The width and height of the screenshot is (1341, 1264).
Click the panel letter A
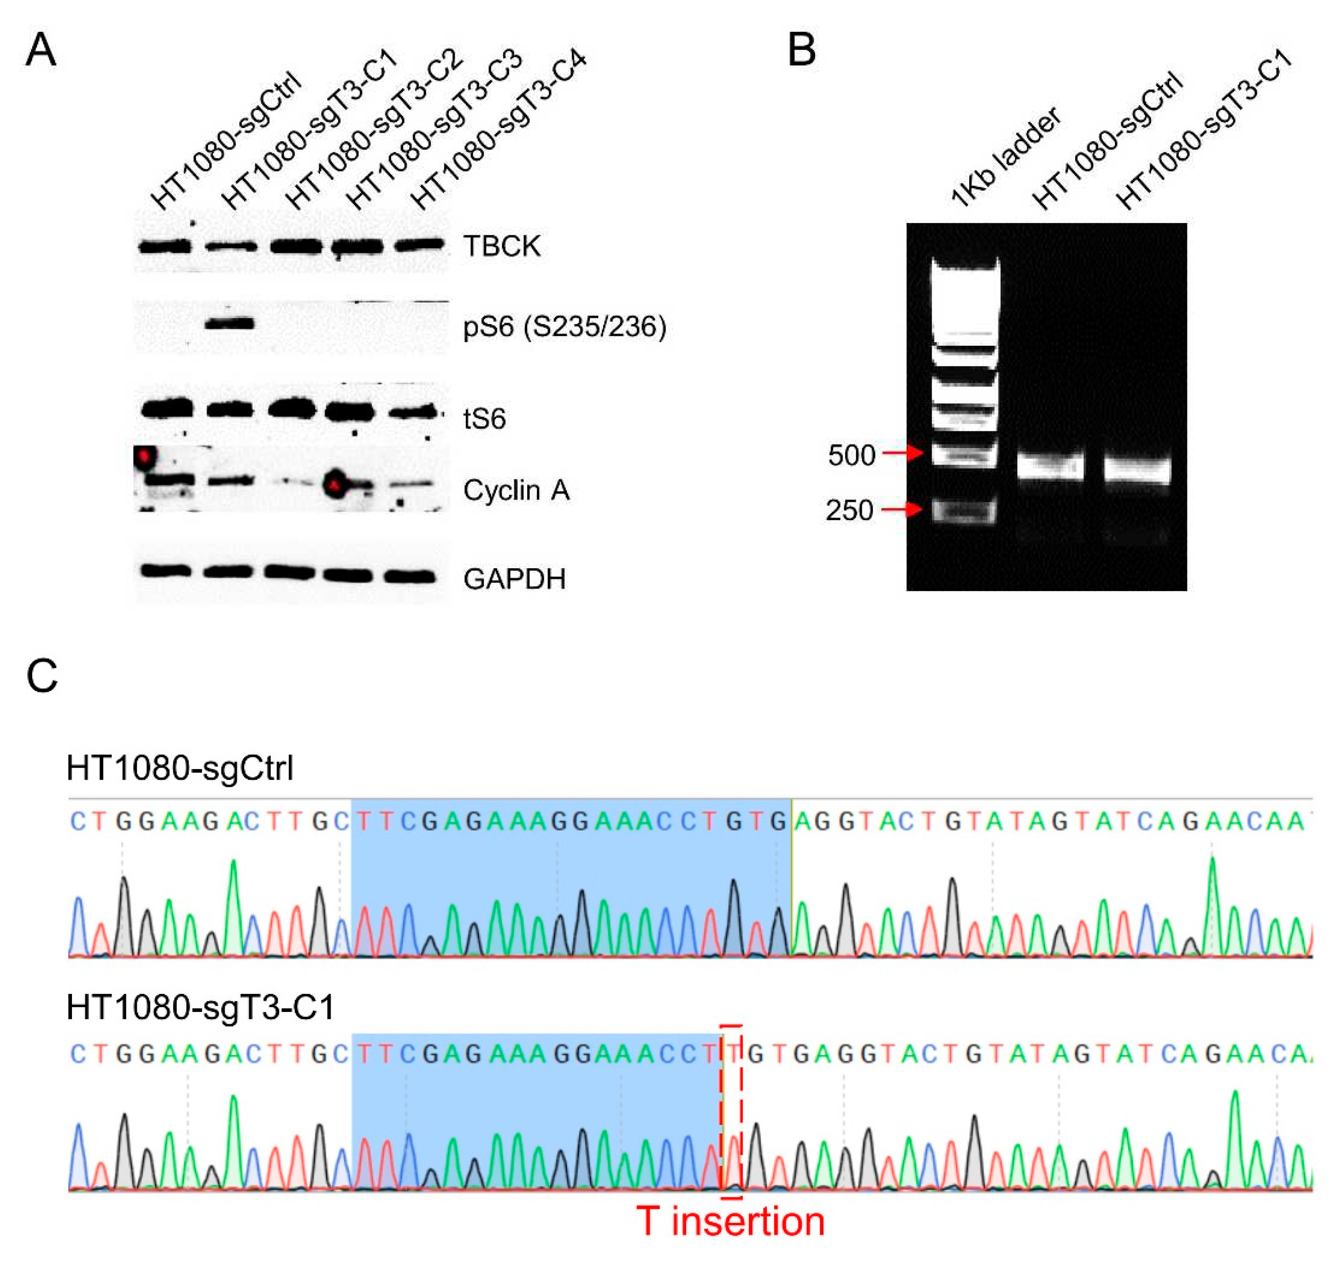click(x=41, y=51)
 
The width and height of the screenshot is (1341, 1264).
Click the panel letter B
click(x=801, y=51)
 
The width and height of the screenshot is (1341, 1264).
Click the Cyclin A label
click(x=516, y=491)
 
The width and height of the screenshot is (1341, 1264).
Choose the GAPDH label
click(x=514, y=579)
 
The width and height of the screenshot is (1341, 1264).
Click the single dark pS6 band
click(x=229, y=324)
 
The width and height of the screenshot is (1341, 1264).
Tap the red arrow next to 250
click(x=903, y=509)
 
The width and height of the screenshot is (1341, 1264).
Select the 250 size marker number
click(x=849, y=511)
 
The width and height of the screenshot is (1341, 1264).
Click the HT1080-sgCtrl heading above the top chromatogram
click(x=180, y=768)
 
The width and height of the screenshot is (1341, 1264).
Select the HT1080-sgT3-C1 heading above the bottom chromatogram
click(x=200, y=1008)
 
